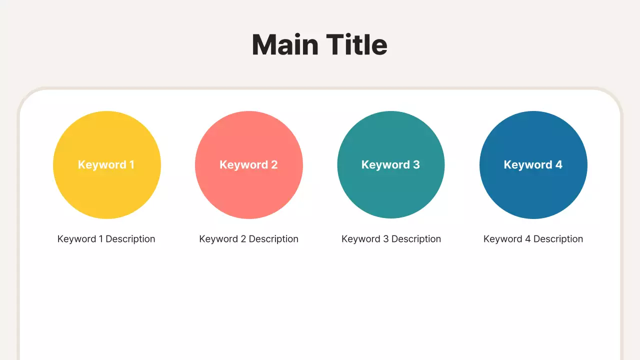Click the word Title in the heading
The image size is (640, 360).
[357, 45]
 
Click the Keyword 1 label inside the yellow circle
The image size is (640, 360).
[106, 164]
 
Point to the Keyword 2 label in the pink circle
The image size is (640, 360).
[248, 164]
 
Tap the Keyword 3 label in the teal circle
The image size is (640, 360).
[390, 164]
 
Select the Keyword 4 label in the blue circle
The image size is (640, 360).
[533, 164]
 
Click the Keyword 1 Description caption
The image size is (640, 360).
[106, 239]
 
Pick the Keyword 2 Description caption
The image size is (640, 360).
[248, 239]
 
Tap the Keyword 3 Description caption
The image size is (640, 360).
[391, 239]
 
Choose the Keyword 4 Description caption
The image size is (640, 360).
[533, 239]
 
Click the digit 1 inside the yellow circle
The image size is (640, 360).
[131, 164]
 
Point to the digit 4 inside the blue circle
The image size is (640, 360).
[558, 164]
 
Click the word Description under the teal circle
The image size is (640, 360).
[416, 239]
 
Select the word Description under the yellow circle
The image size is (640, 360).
[130, 239]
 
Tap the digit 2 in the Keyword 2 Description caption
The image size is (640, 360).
[243, 239]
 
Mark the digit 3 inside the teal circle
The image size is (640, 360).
[416, 164]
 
